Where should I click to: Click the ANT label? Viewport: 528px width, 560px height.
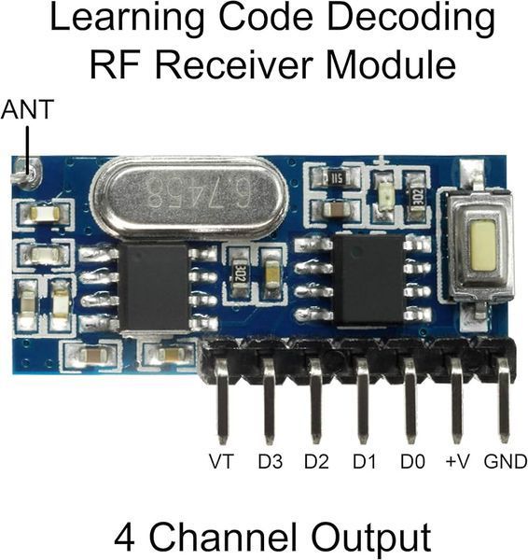[27, 109]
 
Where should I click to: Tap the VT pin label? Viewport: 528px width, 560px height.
[221, 461]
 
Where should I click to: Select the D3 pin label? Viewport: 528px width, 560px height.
[271, 461]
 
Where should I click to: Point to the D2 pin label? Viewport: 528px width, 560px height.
[316, 461]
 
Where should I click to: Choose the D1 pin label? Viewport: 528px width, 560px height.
[364, 461]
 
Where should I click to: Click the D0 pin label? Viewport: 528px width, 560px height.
[412, 461]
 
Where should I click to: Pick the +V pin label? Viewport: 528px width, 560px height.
[458, 461]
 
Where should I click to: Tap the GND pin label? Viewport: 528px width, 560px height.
[506, 461]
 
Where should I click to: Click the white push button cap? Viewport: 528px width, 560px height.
[482, 245]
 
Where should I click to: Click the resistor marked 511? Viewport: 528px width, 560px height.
[334, 177]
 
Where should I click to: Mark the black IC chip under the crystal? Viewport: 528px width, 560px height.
[154, 287]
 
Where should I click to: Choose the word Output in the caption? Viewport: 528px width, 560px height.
[371, 539]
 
